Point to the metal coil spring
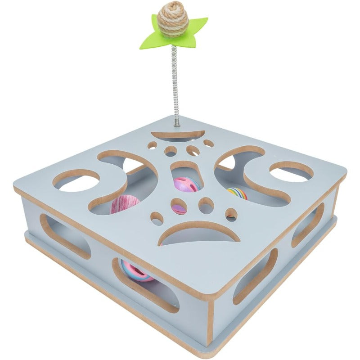click(175, 81)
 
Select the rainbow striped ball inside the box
click(237, 193)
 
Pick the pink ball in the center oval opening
click(186, 184)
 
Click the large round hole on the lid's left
click(76, 180)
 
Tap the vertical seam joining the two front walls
click(210, 324)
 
